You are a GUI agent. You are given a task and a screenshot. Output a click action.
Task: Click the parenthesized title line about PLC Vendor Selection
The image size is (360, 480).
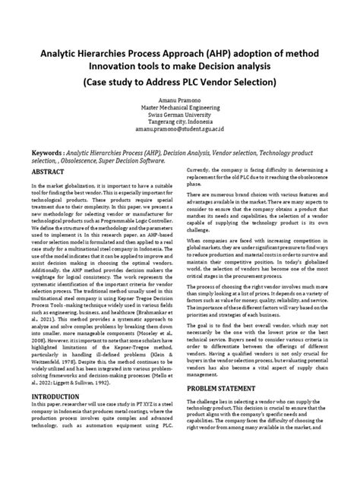(x=179, y=81)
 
